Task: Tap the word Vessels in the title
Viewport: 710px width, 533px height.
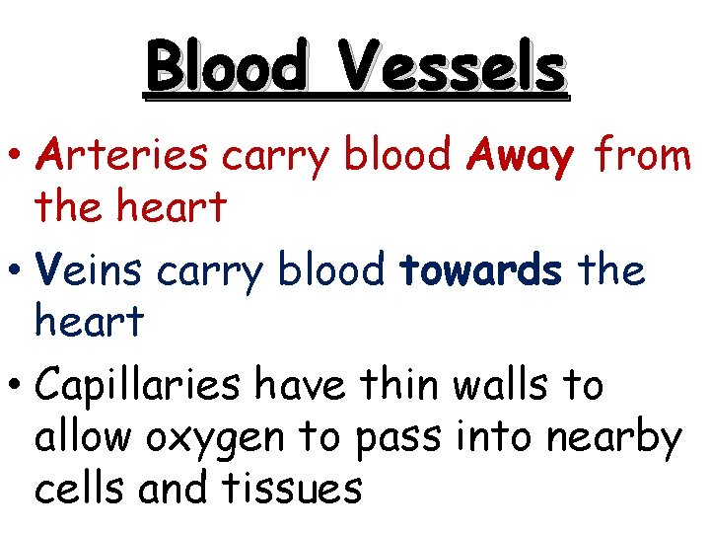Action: pos(453,67)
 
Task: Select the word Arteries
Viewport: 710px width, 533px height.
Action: pos(121,155)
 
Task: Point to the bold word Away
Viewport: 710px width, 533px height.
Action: pos(522,156)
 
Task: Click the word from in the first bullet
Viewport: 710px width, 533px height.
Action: pos(645,155)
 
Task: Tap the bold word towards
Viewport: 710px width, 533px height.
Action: pos(482,270)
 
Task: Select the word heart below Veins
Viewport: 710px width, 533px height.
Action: pos(89,321)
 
